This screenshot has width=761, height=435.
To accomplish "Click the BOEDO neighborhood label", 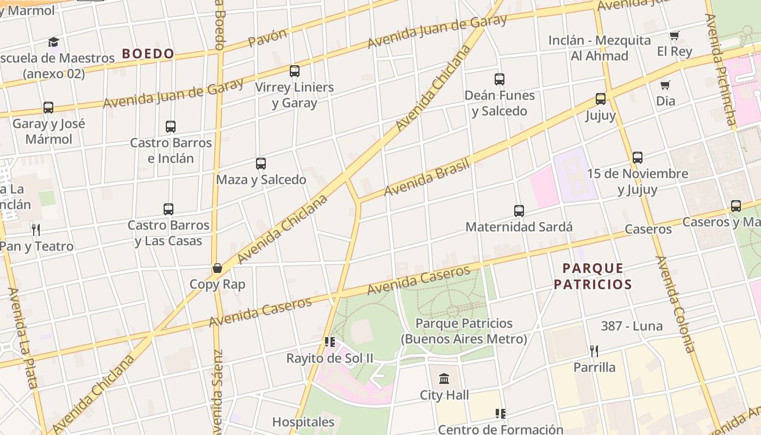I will (x=148, y=53).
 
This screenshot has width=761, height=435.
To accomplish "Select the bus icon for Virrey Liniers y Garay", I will (x=295, y=71).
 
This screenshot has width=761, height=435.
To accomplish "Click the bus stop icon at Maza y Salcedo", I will (x=261, y=164).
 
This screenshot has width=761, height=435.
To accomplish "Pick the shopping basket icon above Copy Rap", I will (x=217, y=268).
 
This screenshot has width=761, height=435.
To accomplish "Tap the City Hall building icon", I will (x=444, y=378).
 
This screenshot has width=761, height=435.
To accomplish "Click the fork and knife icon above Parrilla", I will (x=594, y=351).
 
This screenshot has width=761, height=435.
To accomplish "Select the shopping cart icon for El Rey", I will (x=674, y=36).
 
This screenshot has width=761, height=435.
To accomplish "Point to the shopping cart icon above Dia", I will (x=665, y=85).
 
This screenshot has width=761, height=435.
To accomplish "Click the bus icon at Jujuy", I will (x=601, y=99).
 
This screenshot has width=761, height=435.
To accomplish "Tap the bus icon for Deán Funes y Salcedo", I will (x=500, y=79).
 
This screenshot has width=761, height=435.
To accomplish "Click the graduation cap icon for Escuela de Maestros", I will (x=53, y=42).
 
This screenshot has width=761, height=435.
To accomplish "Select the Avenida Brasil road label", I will (x=427, y=179).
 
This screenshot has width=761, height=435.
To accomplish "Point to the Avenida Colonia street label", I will (x=676, y=304).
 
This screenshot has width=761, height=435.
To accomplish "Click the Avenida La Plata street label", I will (x=22, y=337).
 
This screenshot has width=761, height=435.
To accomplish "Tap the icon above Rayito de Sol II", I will (x=329, y=342).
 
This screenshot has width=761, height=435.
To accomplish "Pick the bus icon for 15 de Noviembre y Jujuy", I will (x=638, y=158).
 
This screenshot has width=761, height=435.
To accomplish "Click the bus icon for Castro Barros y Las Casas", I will (x=169, y=209).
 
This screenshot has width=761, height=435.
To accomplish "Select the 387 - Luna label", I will (x=632, y=326).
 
